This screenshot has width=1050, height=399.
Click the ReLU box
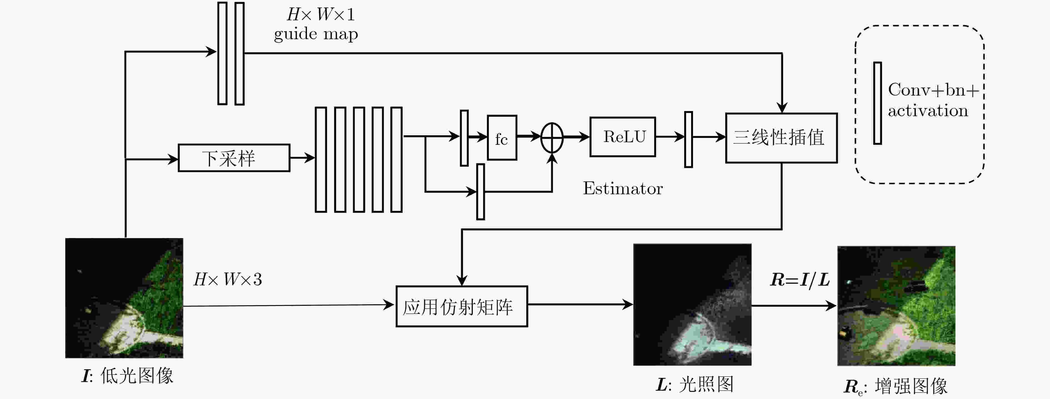622,137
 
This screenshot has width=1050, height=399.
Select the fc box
502,138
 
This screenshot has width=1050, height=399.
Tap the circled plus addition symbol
552,138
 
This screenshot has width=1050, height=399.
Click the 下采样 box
234,158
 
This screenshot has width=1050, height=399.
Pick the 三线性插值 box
781,138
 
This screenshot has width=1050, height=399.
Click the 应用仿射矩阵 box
461,306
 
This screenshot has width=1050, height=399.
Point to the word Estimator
622,188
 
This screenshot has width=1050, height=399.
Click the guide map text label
316,34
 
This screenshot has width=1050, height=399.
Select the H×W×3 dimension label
227,280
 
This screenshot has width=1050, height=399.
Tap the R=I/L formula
800,280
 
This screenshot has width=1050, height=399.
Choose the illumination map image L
692,305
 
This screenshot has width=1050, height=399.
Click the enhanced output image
896,306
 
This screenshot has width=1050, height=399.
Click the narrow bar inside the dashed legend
877,103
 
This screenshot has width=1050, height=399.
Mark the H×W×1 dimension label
321,15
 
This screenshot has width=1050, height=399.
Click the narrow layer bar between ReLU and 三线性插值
688,139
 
